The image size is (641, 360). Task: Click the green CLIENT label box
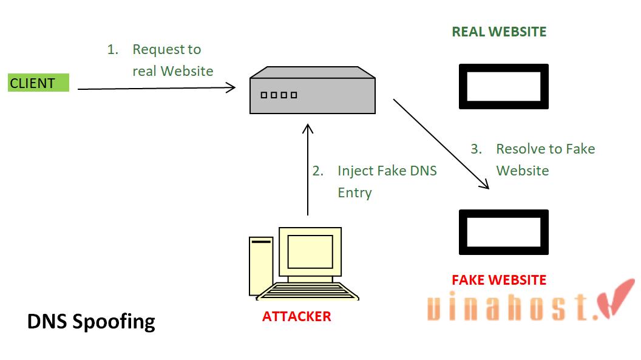38,83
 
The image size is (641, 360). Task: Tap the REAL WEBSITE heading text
499,32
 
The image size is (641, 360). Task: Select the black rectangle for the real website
503,86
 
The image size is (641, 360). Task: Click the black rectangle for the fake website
503,232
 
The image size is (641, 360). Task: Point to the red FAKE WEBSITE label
499,280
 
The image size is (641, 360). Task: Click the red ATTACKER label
296,316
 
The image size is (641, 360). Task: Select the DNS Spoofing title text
91,321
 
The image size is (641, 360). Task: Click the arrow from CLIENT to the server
157,89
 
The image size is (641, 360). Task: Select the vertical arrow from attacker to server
308,170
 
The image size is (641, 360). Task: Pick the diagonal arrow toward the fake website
441,144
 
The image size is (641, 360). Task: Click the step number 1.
112,50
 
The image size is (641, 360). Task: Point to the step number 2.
317,171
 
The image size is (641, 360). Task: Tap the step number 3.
476,149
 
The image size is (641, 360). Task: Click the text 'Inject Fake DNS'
387,171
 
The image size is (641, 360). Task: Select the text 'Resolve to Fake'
545,149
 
